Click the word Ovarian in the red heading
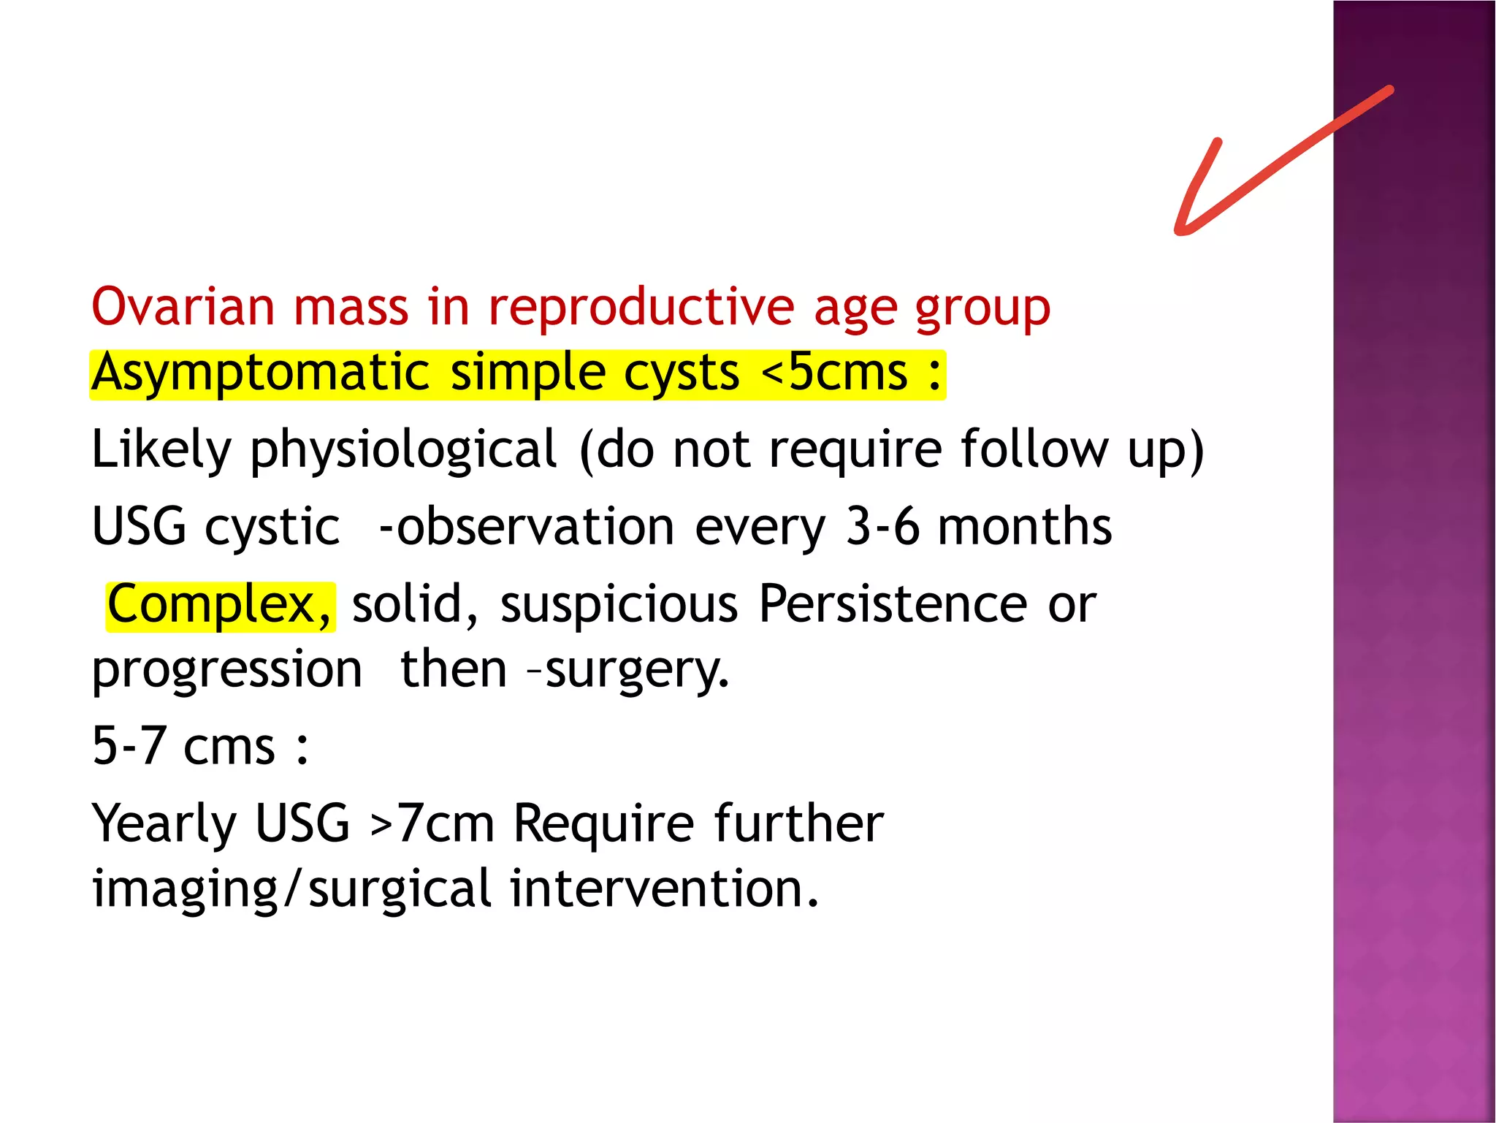pos(183,306)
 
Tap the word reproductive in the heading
pos(641,306)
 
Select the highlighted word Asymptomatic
pos(259,373)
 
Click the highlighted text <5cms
pos(834,373)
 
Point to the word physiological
pos(404,450)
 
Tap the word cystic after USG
pos(272,527)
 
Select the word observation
pos(535,527)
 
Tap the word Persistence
pos(893,604)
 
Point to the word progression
pos(226,671)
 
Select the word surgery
pos(636,671)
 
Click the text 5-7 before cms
pos(129,746)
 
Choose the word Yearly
pos(164,824)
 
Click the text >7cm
pos(432,824)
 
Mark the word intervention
pos(663,888)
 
